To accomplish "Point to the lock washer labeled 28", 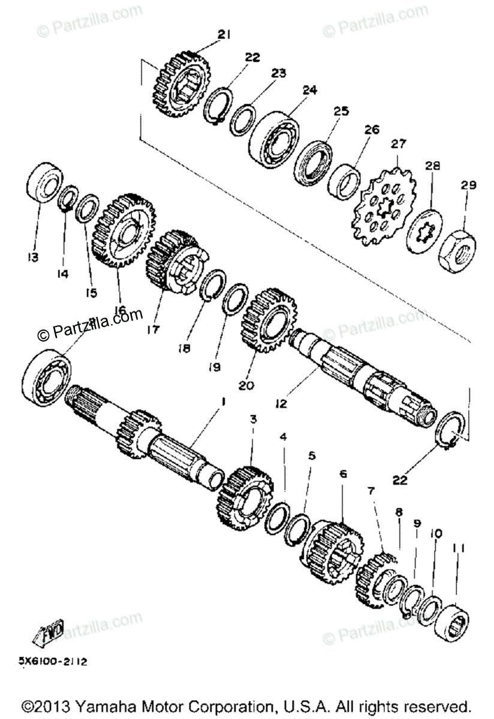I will coord(426,231).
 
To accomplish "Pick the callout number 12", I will coord(281,404).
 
